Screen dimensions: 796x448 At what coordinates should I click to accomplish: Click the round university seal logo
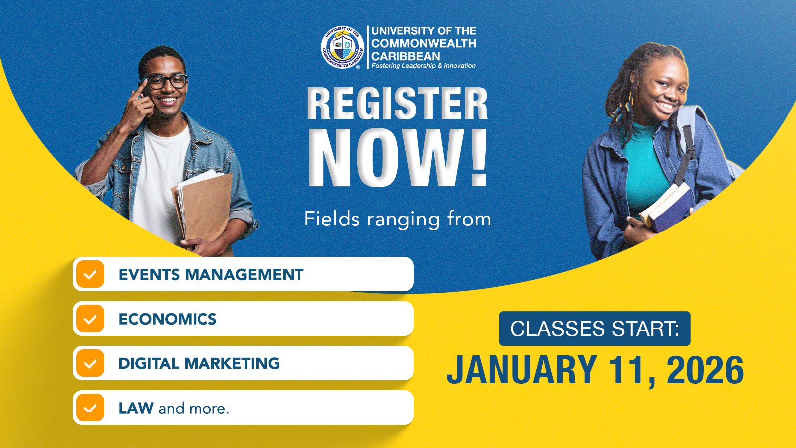pyautogui.click(x=343, y=47)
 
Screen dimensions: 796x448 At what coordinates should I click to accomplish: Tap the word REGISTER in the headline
pyautogui.click(x=398, y=104)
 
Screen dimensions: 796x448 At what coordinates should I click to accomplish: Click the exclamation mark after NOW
pyautogui.click(x=478, y=157)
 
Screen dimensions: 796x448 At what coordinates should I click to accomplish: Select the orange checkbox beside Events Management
pyautogui.click(x=90, y=274)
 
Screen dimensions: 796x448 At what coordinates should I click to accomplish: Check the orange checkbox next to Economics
pyautogui.click(x=90, y=319)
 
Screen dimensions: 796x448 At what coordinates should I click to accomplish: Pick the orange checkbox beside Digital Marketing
pyautogui.click(x=90, y=363)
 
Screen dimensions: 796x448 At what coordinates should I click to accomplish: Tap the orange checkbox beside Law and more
pyautogui.click(x=90, y=408)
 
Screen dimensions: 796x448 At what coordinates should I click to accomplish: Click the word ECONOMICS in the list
pyautogui.click(x=168, y=319)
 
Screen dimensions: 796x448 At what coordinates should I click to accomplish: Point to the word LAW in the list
pyautogui.click(x=136, y=408)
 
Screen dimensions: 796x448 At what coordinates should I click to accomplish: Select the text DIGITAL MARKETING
pyautogui.click(x=199, y=363)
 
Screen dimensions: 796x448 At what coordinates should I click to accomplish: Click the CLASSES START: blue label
pyautogui.click(x=595, y=329)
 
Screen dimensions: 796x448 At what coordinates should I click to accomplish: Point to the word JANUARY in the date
pyautogui.click(x=522, y=370)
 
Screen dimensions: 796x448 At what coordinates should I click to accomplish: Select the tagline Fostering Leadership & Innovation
pyautogui.click(x=423, y=66)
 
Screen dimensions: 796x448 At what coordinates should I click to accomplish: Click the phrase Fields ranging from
pyautogui.click(x=398, y=219)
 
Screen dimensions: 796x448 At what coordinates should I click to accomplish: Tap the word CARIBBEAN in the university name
pyautogui.click(x=405, y=56)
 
